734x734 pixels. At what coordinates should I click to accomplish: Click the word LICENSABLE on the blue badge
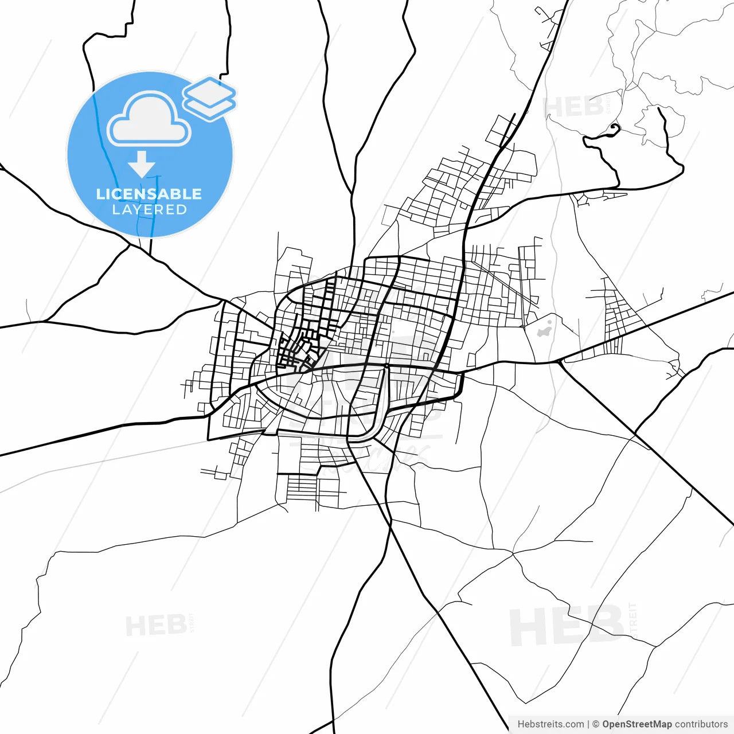149,194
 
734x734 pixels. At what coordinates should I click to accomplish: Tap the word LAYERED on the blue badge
149,210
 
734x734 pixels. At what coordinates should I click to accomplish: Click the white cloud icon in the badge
149,120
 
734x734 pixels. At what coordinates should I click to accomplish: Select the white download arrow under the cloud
142,165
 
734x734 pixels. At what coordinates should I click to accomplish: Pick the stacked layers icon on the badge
209,97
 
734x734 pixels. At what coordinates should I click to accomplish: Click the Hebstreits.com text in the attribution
550,724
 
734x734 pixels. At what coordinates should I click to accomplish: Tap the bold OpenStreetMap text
637,724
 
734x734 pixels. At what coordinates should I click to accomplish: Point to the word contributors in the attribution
701,724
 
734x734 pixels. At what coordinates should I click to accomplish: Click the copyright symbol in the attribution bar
596,724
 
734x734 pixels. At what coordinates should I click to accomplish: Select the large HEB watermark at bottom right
567,626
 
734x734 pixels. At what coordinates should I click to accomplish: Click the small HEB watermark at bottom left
155,626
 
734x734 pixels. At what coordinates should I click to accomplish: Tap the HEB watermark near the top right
573,107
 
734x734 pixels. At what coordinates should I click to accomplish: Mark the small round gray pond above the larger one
549,323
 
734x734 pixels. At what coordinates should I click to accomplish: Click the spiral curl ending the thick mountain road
615,128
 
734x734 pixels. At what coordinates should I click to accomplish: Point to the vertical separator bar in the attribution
588,724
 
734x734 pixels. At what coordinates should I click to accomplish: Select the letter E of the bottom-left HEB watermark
157,626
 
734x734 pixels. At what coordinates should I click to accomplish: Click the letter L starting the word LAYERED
116,210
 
